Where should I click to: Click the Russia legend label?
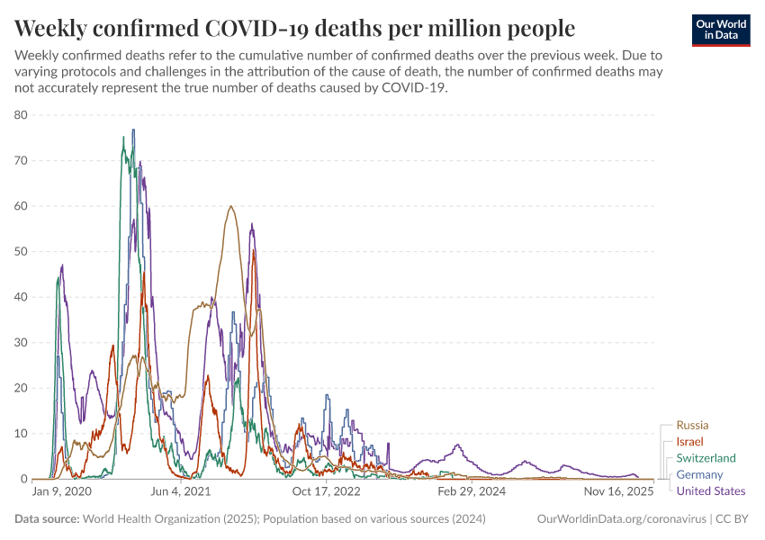click(x=692, y=425)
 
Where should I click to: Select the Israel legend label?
click(x=689, y=442)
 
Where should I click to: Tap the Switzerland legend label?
click(x=706, y=458)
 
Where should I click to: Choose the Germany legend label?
click(x=699, y=474)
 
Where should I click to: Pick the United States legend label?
click(x=710, y=490)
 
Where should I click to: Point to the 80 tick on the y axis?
click(x=21, y=115)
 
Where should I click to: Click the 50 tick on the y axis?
click(x=21, y=251)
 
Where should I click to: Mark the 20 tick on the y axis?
click(x=21, y=388)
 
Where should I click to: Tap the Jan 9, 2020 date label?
click(x=62, y=492)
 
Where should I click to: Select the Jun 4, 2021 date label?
click(x=180, y=492)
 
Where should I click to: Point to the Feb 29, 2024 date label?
click(x=472, y=492)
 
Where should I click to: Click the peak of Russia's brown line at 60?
click(x=231, y=207)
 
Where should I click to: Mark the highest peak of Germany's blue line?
click(x=133, y=130)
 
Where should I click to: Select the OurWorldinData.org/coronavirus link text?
click(x=619, y=519)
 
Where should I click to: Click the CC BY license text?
click(x=731, y=519)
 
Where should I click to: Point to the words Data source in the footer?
click(x=47, y=519)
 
